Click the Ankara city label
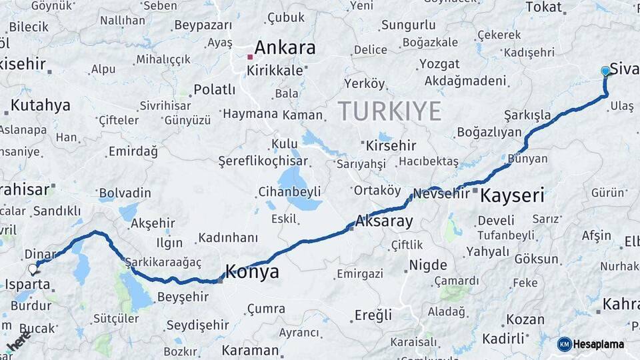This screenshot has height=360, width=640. click(285, 47)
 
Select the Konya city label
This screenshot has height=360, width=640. click(252, 271)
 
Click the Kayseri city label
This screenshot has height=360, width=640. click(512, 195)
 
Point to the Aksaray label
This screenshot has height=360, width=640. click(385, 221)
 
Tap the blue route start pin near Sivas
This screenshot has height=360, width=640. click(605, 71)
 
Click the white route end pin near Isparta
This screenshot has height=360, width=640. click(33, 269)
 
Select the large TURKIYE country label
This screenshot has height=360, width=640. click(389, 110)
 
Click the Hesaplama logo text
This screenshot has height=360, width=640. click(599, 344)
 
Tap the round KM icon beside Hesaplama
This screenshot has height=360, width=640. click(565, 344)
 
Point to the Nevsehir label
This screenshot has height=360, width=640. click(442, 194)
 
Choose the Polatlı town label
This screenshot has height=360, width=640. click(214, 89)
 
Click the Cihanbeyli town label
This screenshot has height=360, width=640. click(289, 192)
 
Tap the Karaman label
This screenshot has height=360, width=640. click(250, 350)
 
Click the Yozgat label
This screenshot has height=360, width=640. click(439, 64)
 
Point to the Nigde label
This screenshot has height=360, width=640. click(427, 265)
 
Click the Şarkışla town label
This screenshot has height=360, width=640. click(527, 114)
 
